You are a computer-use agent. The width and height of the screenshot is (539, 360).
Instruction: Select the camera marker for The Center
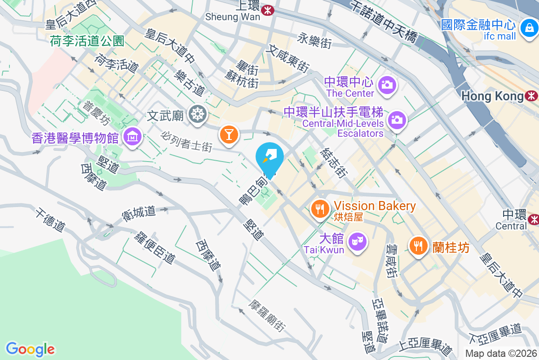click(x=386, y=84)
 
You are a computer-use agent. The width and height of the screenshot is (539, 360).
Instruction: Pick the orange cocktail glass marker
click(x=229, y=134)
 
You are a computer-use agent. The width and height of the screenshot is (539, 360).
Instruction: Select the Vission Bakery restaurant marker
click(x=320, y=208)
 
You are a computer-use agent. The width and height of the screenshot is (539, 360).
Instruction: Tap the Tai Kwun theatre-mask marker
click(x=358, y=242)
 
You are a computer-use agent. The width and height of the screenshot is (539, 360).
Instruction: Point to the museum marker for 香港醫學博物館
click(x=133, y=136)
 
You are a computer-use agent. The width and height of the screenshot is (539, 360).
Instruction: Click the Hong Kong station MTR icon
click(x=532, y=96)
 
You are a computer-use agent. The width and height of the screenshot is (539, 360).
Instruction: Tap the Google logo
click(x=30, y=349)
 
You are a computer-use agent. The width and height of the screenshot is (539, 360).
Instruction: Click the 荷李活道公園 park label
click(x=87, y=41)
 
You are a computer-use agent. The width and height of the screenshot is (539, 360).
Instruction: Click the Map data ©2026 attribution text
click(x=501, y=354)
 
